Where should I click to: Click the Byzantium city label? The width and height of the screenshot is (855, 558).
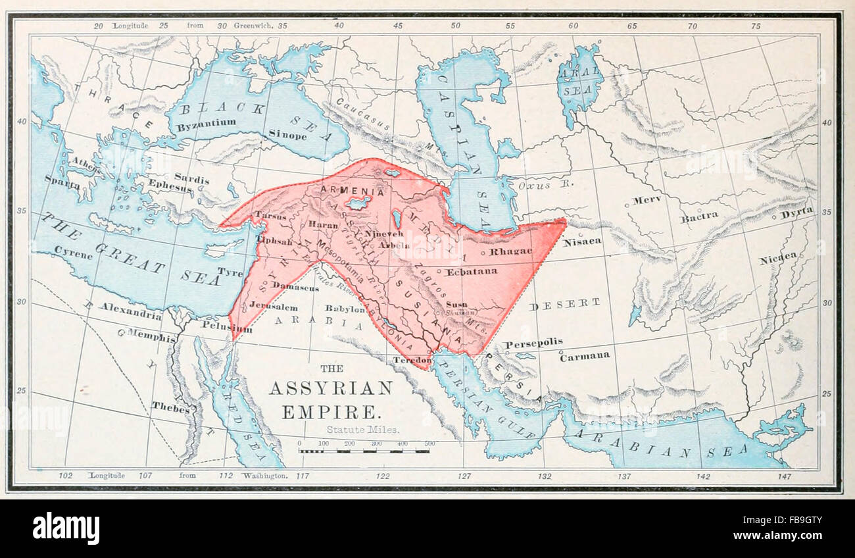[x=207, y=122]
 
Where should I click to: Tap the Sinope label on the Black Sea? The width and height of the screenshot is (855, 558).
[x=287, y=135]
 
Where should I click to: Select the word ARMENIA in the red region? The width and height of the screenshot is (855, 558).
[x=353, y=191]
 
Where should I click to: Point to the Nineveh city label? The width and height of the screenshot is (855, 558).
[x=384, y=233]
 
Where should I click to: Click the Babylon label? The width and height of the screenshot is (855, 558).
[x=345, y=308]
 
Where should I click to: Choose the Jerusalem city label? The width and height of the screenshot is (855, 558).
[x=274, y=307]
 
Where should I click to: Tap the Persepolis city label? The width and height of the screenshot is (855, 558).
[x=533, y=343]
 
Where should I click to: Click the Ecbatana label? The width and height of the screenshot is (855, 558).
[x=472, y=271]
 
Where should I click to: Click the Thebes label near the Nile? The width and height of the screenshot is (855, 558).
[x=170, y=406]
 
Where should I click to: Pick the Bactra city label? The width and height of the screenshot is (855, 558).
[x=698, y=216]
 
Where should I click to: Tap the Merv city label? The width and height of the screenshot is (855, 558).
[x=647, y=200]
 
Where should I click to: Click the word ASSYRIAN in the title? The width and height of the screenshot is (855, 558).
[x=330, y=388]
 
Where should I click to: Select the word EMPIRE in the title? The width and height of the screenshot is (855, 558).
[x=331, y=413]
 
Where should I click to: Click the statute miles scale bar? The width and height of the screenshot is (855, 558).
[x=364, y=451]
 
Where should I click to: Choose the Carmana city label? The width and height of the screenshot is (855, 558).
[x=584, y=356]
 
